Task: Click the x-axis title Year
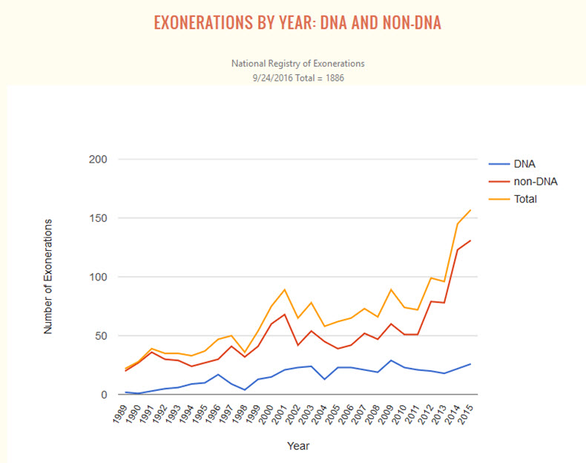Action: tap(298, 446)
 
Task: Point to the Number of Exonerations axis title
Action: tap(48, 276)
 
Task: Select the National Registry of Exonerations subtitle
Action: tap(298, 64)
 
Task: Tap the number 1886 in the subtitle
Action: tap(333, 76)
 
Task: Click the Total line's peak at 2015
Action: tap(470, 210)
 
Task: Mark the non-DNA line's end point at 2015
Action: tap(470, 240)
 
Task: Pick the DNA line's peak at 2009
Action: tap(391, 361)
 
